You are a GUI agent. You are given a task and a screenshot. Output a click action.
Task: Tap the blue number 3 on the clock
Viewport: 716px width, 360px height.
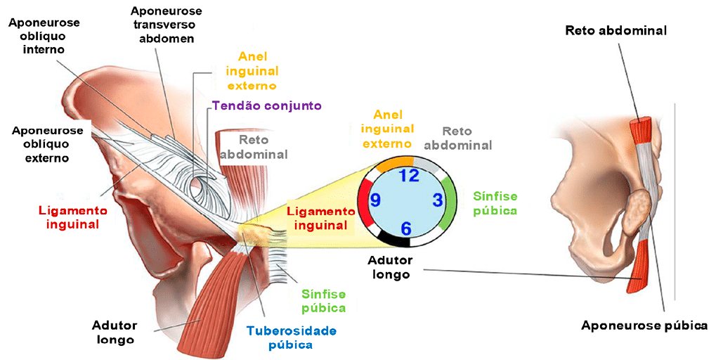coord(438,200)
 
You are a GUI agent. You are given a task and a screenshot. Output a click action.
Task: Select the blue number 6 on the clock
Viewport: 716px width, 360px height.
coord(406,228)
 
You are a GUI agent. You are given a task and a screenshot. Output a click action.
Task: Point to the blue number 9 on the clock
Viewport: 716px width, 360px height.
coord(375,201)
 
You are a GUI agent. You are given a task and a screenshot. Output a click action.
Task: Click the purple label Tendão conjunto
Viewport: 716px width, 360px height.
coord(266,106)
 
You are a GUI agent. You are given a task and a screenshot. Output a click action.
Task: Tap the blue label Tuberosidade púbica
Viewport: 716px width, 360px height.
coord(291,337)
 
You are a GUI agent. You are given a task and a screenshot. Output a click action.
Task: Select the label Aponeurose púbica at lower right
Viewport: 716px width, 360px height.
coord(644,325)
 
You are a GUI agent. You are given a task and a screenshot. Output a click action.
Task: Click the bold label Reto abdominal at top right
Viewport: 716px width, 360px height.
coord(616,30)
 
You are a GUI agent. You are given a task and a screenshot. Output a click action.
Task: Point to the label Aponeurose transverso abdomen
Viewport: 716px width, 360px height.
coord(167,25)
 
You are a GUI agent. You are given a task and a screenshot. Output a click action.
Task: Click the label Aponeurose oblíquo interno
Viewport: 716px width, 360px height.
coord(44,36)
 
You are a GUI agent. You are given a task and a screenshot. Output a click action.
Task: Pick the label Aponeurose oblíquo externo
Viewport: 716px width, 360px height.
coord(47,144)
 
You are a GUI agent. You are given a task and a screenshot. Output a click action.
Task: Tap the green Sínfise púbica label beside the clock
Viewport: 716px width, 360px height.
coord(495,202)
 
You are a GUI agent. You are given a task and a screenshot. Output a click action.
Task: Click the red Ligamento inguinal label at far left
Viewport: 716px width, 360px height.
coord(72,217)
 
